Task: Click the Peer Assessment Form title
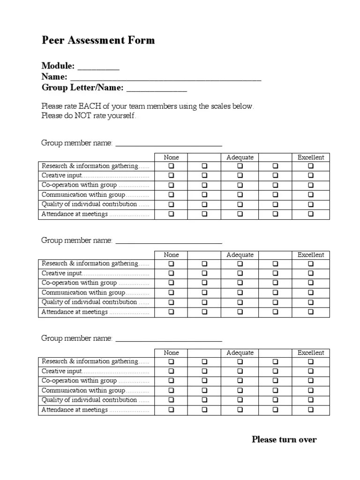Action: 98,40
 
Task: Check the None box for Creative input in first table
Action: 171,175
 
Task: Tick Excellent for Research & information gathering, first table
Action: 311,166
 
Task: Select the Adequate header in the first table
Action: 240,157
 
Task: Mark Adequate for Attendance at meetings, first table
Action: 240,214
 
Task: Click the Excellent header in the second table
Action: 311,255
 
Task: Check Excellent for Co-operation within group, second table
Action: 311,283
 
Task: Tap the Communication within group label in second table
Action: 83,292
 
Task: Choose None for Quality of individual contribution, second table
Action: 171,302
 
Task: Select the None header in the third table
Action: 171,352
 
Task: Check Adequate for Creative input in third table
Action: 240,371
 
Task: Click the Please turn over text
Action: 284,440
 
